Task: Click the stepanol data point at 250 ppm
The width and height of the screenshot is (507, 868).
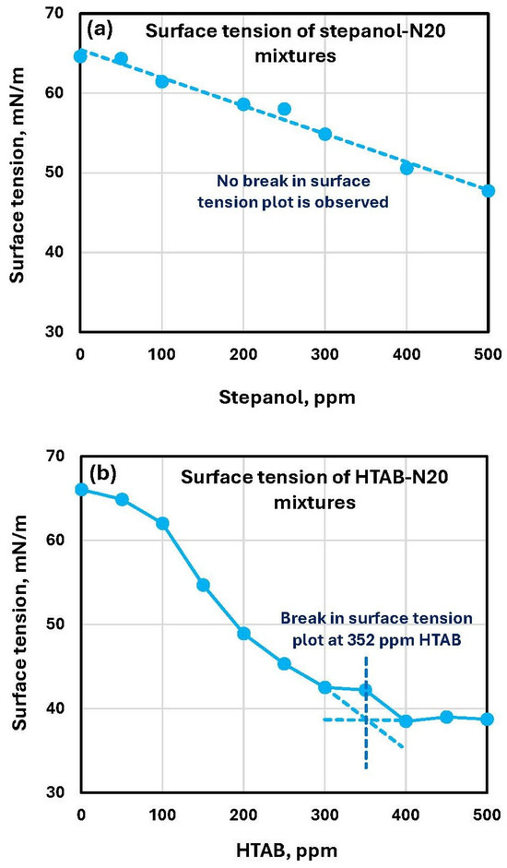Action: click(x=285, y=109)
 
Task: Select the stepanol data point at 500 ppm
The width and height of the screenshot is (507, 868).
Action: click(x=488, y=190)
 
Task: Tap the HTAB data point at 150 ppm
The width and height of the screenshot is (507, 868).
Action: click(x=203, y=585)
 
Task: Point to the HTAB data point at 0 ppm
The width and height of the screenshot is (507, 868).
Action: click(x=81, y=490)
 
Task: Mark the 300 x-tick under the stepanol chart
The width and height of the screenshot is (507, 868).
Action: click(x=324, y=352)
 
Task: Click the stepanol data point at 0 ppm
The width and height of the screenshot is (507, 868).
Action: click(x=81, y=56)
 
